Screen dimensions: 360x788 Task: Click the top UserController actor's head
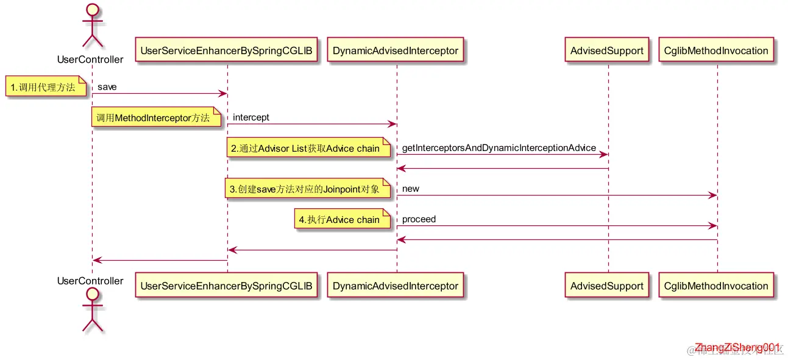coord(91,10)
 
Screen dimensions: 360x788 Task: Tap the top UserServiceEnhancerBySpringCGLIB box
coord(226,51)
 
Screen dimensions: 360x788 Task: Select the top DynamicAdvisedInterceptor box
coord(396,51)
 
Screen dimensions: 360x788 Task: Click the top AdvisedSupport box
coord(607,51)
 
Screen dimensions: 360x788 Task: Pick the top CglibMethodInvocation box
coord(716,51)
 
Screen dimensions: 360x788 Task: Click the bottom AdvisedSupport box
coord(607,286)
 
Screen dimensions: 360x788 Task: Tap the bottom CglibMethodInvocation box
coord(716,286)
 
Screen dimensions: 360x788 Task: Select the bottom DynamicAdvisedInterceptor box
coord(396,286)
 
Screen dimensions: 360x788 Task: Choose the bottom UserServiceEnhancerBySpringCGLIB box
coord(226,286)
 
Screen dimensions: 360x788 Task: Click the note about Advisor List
coord(308,148)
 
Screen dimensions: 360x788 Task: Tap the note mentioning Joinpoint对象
coord(308,189)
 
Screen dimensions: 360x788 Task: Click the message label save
coord(107,87)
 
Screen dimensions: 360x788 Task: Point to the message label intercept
coord(251,118)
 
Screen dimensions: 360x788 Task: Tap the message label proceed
coord(419,219)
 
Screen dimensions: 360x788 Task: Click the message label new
coord(411,189)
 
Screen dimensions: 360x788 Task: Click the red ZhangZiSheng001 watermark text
coord(737,346)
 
